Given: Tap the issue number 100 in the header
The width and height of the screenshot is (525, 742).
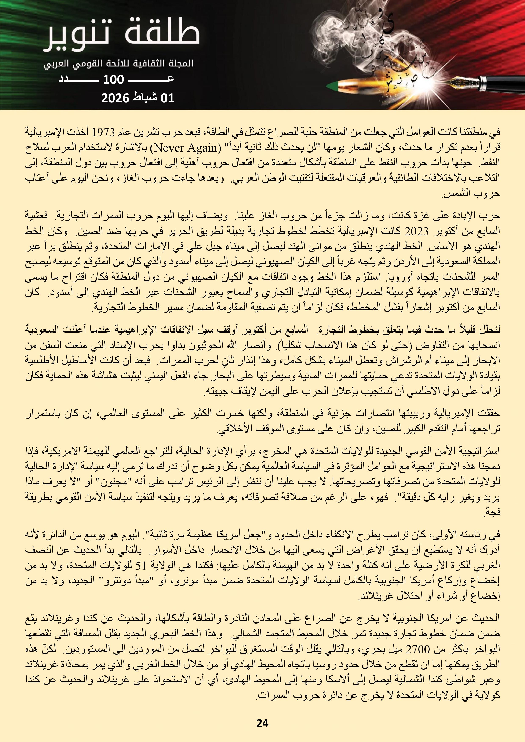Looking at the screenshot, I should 113,80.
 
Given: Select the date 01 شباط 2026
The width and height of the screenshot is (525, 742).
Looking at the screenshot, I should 138,97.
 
